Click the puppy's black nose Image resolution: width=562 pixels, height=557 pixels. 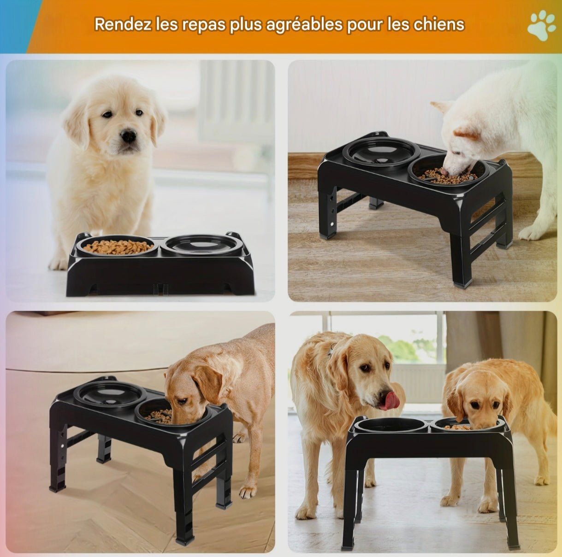(x=129, y=136)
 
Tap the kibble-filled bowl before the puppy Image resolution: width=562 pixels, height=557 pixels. (x=118, y=247)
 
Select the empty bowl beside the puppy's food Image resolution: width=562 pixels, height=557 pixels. (x=201, y=245)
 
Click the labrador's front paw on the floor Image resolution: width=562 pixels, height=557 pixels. (x=248, y=492)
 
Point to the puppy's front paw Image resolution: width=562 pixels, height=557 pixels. (x=59, y=263)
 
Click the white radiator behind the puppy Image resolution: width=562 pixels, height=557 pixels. (x=235, y=101)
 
